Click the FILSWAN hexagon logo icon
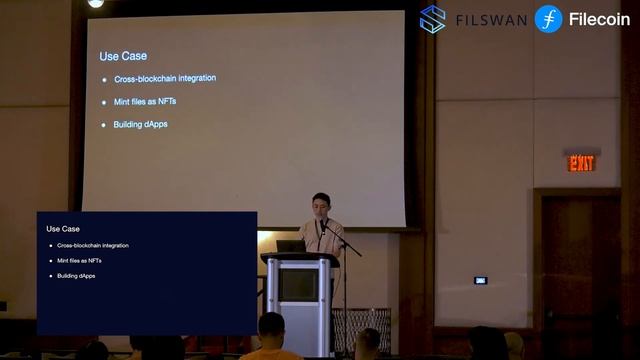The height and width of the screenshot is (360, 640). coord(433,19)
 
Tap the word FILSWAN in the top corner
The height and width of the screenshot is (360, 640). coord(491,20)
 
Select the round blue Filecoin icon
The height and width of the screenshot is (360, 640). coord(548,19)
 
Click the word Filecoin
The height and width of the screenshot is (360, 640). coord(599,19)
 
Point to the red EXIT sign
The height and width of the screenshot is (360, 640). coord(581,162)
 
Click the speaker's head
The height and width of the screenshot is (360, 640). coord(321,204)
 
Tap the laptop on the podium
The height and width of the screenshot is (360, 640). coord(290,245)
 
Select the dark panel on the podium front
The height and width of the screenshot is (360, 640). coord(298,285)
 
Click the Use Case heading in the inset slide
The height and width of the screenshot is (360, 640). coord(63,229)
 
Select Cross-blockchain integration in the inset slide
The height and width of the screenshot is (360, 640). coord(93,245)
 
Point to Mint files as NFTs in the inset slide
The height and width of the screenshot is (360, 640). coord(79,260)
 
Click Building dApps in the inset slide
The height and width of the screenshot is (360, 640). coord(76,275)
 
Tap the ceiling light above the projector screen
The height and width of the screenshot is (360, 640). coord(96,3)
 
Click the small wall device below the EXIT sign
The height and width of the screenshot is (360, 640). coord(480,280)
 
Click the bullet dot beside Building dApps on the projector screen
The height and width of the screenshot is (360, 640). coord(104,124)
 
